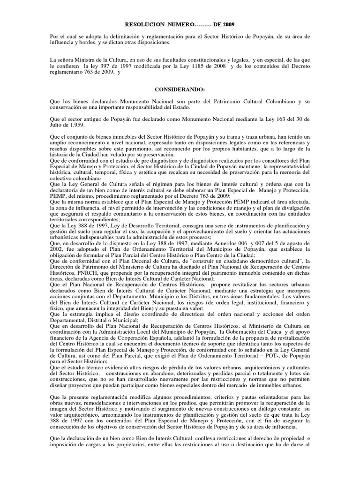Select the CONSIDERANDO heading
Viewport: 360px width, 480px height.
tap(180, 89)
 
